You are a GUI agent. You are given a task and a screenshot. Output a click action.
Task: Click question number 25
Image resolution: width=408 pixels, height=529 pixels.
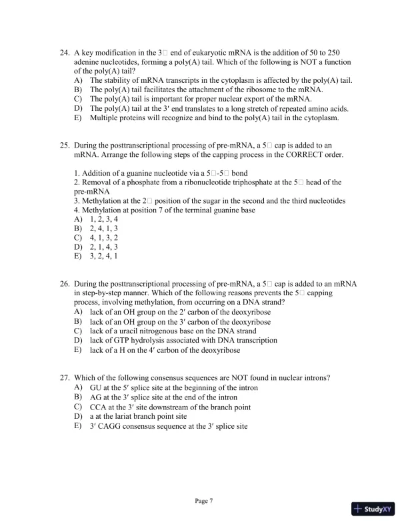(x=65, y=145)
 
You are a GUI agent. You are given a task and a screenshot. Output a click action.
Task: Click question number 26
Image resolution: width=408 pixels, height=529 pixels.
(x=65, y=284)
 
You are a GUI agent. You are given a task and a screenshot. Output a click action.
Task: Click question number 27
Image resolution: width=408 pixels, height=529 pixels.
(x=65, y=377)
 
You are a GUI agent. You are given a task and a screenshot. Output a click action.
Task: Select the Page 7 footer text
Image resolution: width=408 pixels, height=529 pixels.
(x=203, y=501)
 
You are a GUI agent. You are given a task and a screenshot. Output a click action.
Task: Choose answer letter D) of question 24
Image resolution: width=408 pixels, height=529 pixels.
(x=78, y=109)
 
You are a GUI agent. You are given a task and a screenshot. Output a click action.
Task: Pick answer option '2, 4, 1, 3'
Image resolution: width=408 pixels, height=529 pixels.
(x=105, y=228)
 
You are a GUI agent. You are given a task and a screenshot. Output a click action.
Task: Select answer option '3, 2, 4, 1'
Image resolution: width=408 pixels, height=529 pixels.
(x=105, y=256)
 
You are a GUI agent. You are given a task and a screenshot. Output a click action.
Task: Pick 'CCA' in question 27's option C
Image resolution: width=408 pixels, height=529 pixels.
(x=99, y=406)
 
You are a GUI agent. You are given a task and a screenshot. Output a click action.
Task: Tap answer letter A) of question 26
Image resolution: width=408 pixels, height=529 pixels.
(x=78, y=312)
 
